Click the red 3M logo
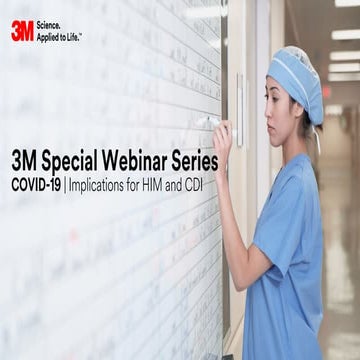(x=22, y=30)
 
